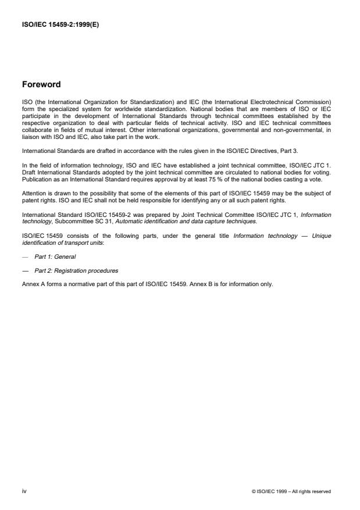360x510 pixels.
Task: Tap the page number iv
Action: pos(24,491)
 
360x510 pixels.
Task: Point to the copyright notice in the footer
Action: pos(291,491)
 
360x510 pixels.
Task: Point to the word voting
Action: pos(323,174)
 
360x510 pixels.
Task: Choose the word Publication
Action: pos(37,180)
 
